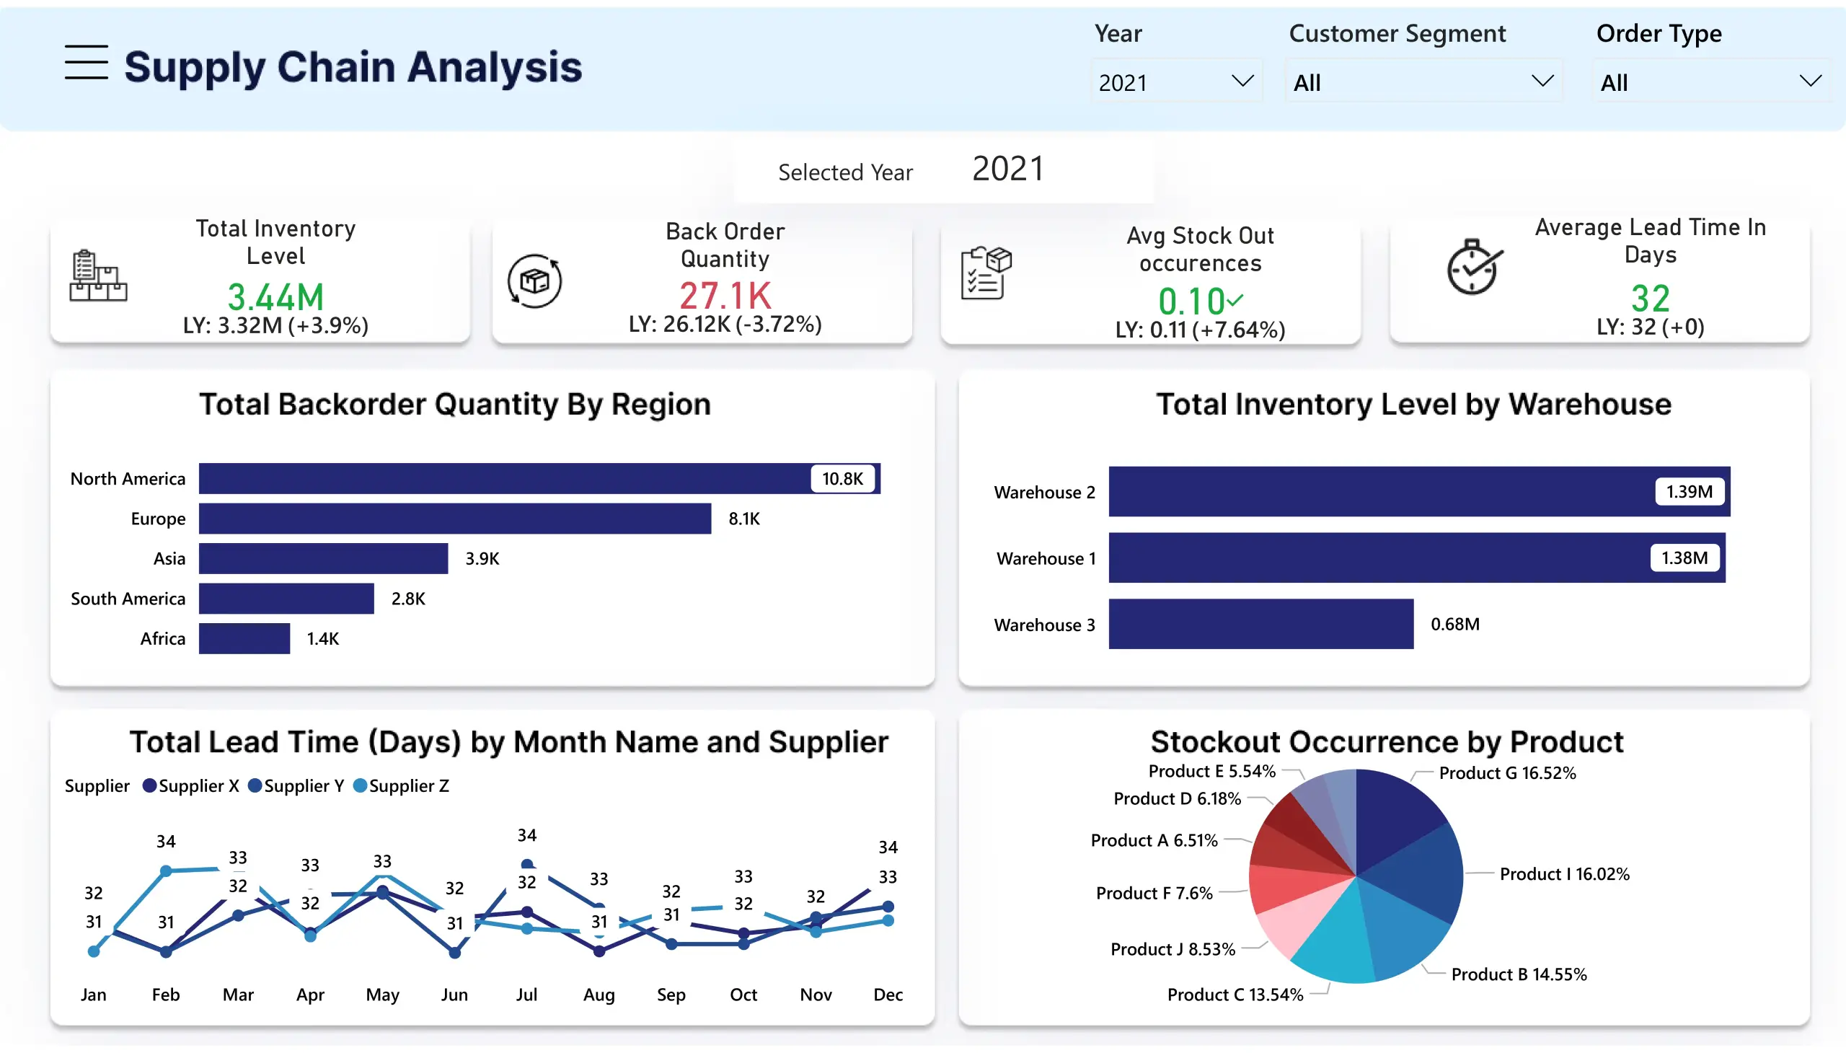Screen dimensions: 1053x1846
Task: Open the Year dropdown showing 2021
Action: (x=1175, y=81)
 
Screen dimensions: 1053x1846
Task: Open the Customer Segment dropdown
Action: (x=1422, y=81)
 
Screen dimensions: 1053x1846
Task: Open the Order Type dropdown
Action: (x=1710, y=81)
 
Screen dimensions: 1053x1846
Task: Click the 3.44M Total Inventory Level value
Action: (x=275, y=296)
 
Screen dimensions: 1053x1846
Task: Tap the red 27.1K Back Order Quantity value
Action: (x=725, y=295)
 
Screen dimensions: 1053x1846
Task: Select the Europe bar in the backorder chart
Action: (x=454, y=519)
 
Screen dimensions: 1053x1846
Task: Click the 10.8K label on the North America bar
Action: (x=842, y=479)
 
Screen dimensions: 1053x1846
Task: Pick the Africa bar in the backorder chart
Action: (x=244, y=638)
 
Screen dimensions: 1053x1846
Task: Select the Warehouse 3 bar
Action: (x=1260, y=624)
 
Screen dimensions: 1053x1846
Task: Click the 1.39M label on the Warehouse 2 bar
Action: (x=1688, y=492)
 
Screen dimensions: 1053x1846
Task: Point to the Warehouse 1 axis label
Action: (x=1046, y=558)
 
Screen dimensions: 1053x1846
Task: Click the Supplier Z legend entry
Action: (x=402, y=786)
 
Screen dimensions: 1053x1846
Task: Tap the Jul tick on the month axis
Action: (x=526, y=995)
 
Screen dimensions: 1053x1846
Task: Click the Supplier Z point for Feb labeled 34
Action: (x=166, y=871)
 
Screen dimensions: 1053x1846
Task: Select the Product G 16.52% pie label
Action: (x=1507, y=773)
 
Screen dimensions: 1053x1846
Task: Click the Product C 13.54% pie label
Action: (x=1235, y=995)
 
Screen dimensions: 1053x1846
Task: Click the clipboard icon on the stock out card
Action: (x=986, y=273)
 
